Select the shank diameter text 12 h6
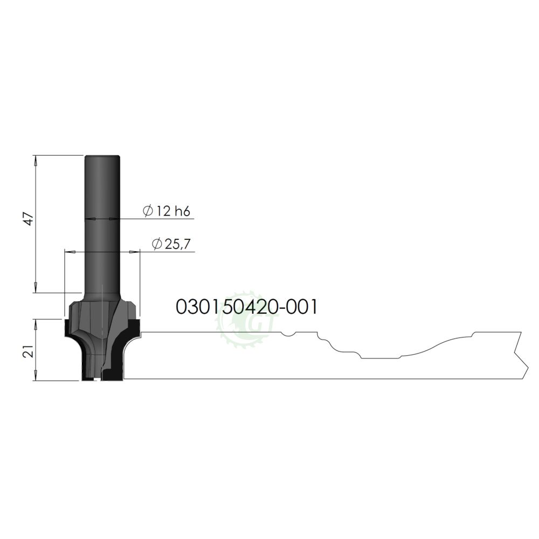173,211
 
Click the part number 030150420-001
246,307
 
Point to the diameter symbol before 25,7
157,244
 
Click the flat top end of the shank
102,156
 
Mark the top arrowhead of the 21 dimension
36,322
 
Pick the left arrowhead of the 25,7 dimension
68,252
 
